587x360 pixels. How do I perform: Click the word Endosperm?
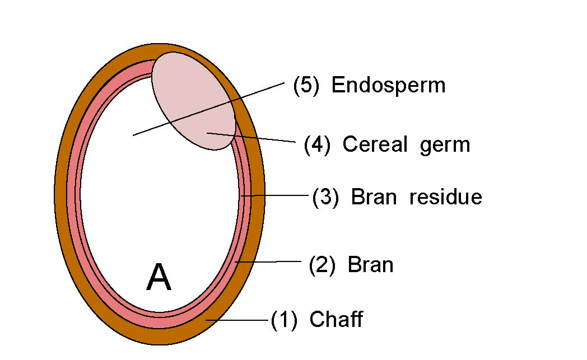[x=388, y=85]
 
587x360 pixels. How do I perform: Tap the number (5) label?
[x=306, y=86]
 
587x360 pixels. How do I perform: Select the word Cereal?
[x=375, y=144]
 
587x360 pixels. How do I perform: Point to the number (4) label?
[x=317, y=145]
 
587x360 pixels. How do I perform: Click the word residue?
[x=446, y=197]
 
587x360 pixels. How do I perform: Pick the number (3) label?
[x=325, y=198]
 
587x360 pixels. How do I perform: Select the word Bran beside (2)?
[x=370, y=264]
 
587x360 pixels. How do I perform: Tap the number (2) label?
[x=322, y=265]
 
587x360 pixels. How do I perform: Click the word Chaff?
[x=336, y=320]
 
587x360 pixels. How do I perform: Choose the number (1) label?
[x=284, y=320]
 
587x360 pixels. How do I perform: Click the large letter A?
[x=159, y=278]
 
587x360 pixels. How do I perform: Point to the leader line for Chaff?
[x=238, y=320]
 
